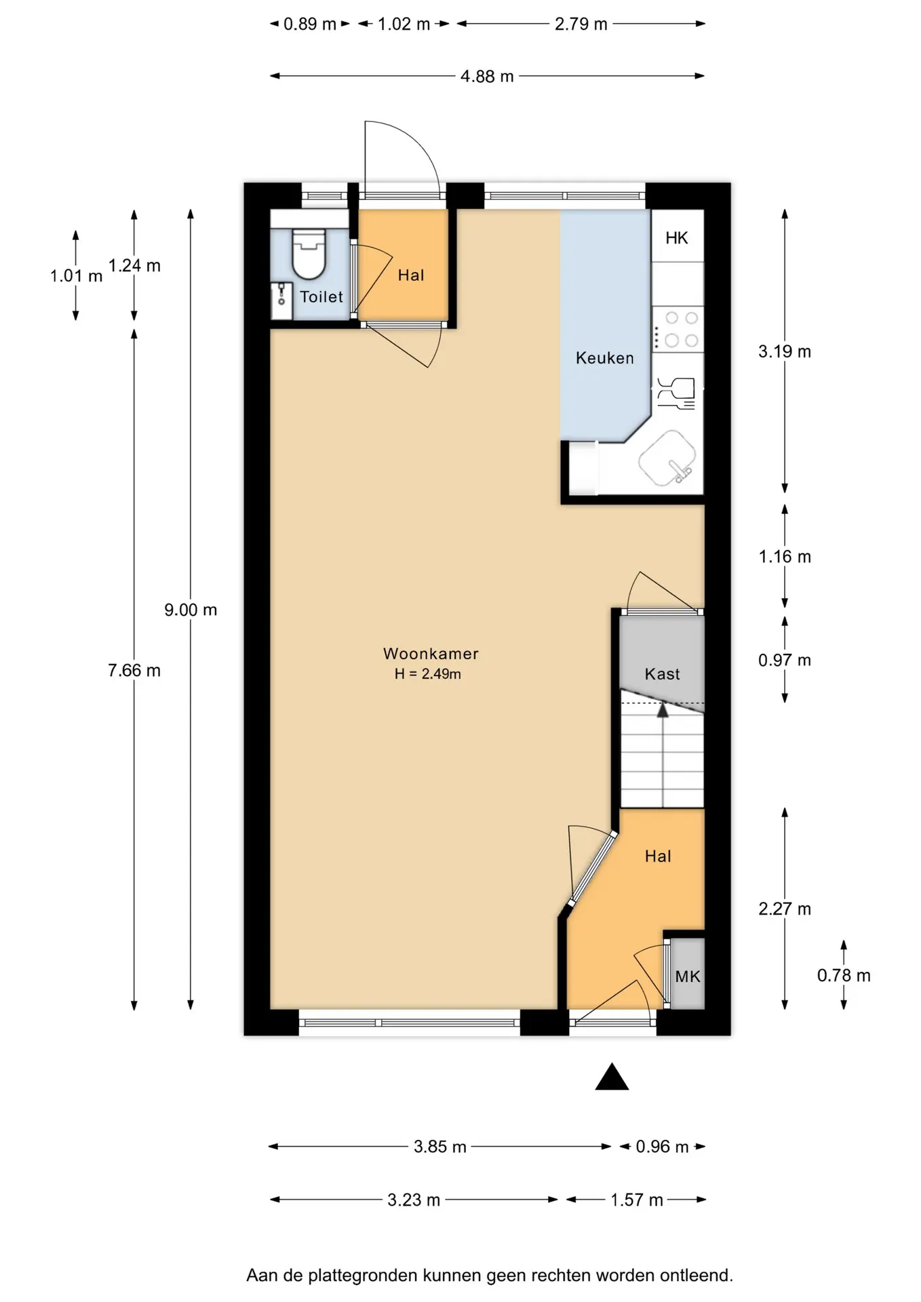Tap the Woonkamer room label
click(431, 654)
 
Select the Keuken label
click(604, 358)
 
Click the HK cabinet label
click(677, 238)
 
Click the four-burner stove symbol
click(678, 329)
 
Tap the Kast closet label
click(662, 674)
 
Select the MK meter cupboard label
click(688, 976)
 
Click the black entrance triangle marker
click(612, 1076)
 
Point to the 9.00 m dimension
click(191, 610)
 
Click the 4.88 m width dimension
click(487, 77)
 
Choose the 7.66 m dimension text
click(134, 671)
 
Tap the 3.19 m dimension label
click(785, 351)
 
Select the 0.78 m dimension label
click(844, 976)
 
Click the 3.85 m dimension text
click(440, 1147)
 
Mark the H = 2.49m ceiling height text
click(428, 674)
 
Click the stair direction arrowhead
click(663, 710)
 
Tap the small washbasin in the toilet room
click(281, 300)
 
